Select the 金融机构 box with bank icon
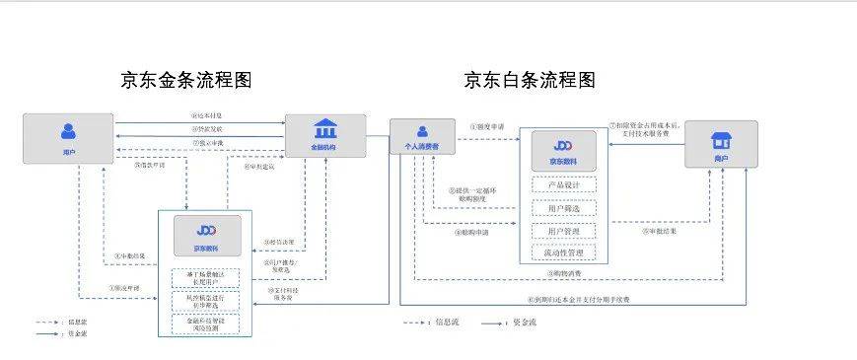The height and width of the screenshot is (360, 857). [324, 136]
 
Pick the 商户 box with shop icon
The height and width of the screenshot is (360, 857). [721, 143]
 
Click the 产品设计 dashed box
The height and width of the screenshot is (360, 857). [563, 184]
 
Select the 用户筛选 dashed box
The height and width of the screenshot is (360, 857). [563, 208]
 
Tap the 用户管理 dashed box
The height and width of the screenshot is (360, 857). [563, 231]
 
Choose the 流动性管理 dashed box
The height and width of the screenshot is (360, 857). [563, 252]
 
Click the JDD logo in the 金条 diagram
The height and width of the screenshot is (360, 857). [207, 229]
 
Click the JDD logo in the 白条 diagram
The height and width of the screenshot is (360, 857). [563, 146]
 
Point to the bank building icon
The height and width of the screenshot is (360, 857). [324, 129]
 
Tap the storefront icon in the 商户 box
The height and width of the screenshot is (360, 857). [721, 136]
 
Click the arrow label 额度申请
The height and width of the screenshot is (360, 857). [486, 126]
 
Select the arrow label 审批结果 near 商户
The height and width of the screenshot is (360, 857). [660, 232]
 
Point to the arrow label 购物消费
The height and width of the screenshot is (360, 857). [565, 273]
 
